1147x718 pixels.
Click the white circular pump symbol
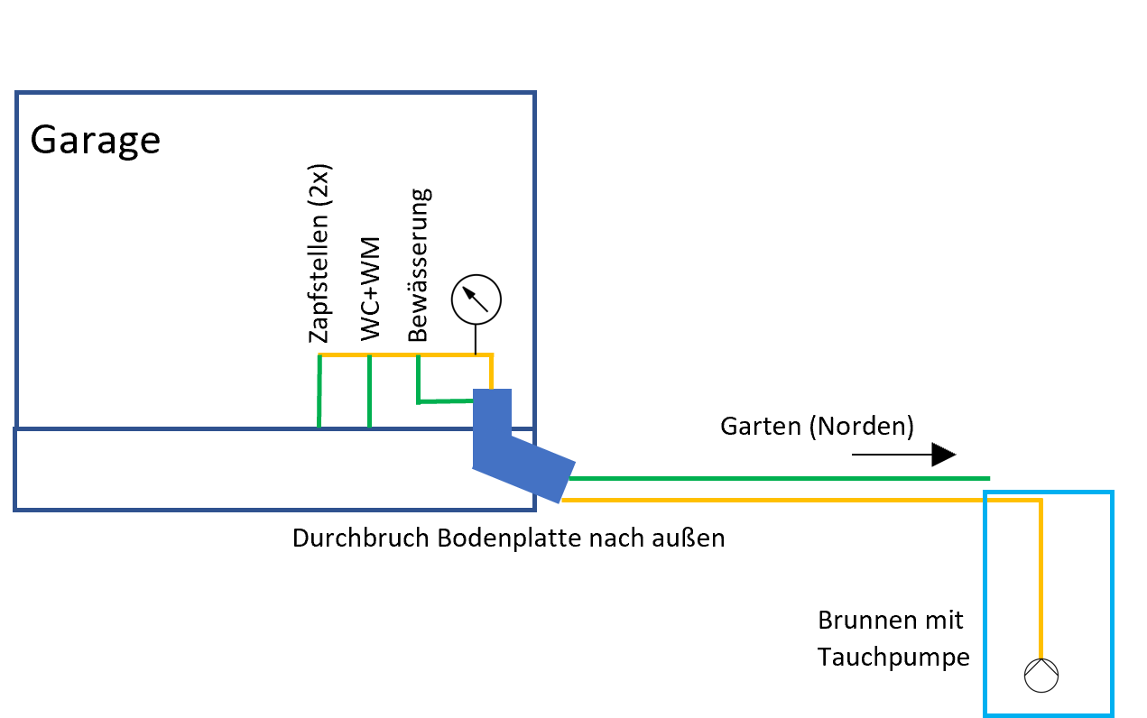(x=1041, y=676)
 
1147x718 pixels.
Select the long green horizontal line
(x=776, y=478)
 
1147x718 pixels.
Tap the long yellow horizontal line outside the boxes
(x=776, y=500)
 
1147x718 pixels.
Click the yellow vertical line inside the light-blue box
(x=1041, y=577)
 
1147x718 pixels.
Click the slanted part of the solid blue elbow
(x=528, y=466)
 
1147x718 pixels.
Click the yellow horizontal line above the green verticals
(x=397, y=354)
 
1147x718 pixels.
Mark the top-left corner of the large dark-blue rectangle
(x=17, y=92)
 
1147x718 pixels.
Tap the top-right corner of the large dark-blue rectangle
(x=534, y=92)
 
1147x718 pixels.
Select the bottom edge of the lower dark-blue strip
(x=271, y=510)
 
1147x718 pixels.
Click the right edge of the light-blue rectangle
(x=1112, y=604)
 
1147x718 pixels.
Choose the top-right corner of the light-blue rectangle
(x=1112, y=492)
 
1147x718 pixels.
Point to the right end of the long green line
(x=989, y=478)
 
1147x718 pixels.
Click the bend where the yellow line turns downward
(x=1041, y=500)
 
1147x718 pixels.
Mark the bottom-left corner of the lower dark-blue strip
(x=15, y=510)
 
